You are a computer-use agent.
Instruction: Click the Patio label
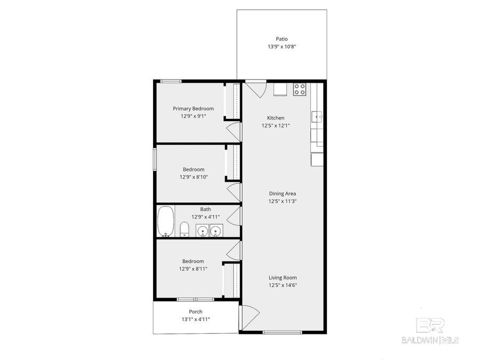(282, 39)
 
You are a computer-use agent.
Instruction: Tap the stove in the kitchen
(300, 89)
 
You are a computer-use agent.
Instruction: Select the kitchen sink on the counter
(317, 116)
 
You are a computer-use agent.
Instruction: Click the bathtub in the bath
(166, 221)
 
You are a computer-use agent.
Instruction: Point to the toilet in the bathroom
(184, 230)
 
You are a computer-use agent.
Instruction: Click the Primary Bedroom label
(193, 109)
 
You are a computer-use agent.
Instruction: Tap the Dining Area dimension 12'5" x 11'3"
(282, 202)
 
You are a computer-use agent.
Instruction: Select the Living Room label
(282, 278)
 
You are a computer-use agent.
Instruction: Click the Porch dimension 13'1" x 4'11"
(195, 319)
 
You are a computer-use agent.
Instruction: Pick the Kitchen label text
(276, 118)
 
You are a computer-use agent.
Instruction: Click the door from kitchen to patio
(255, 89)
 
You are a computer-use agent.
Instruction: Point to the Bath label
(205, 210)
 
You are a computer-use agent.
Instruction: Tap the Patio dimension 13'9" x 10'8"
(282, 47)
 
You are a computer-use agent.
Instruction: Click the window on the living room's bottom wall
(278, 332)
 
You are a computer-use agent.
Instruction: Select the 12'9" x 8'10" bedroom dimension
(193, 177)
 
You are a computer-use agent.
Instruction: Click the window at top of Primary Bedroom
(171, 81)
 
